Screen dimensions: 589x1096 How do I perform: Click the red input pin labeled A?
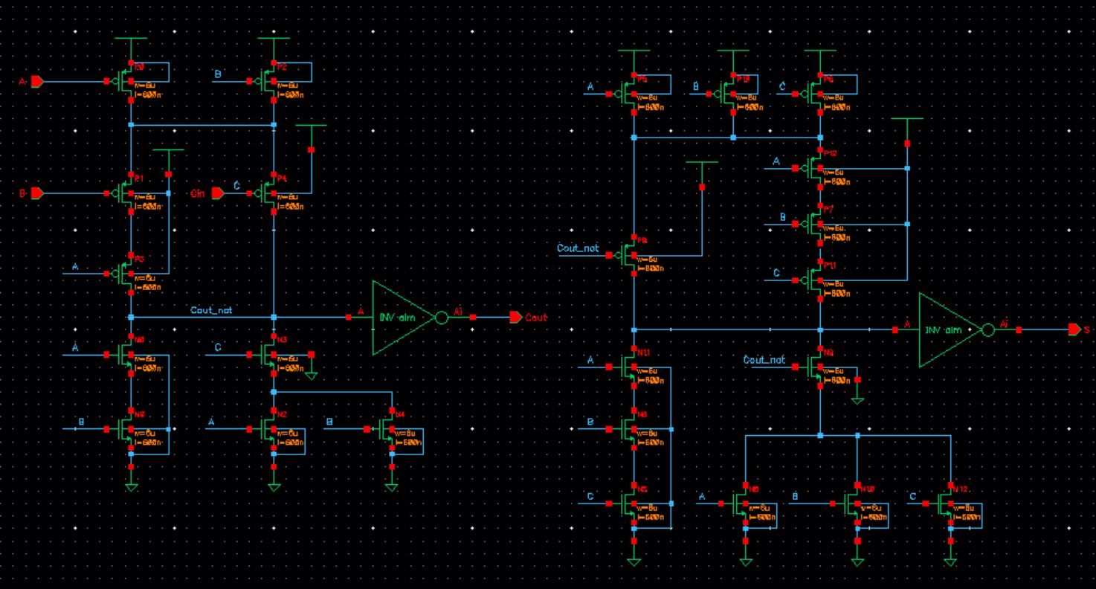[x=36, y=80]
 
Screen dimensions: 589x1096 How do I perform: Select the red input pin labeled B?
[x=36, y=193]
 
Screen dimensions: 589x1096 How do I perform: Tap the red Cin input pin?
[x=218, y=193]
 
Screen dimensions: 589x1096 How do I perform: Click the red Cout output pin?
[x=515, y=318]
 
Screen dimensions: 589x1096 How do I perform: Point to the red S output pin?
[x=1074, y=329]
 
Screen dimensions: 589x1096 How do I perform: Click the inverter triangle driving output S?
[x=947, y=329]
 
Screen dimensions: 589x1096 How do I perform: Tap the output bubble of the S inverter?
[x=987, y=329]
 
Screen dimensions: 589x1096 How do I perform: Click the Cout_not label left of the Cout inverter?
[x=211, y=309]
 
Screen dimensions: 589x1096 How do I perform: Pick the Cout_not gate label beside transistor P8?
[x=578, y=247]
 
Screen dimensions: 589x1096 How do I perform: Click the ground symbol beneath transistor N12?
[x=951, y=562]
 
